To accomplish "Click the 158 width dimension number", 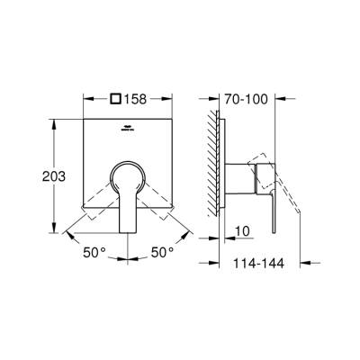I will (x=139, y=99).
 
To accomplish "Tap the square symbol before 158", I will (x=114, y=99).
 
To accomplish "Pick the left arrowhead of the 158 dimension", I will (x=87, y=99).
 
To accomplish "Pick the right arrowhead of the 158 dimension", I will (x=185, y=99).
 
